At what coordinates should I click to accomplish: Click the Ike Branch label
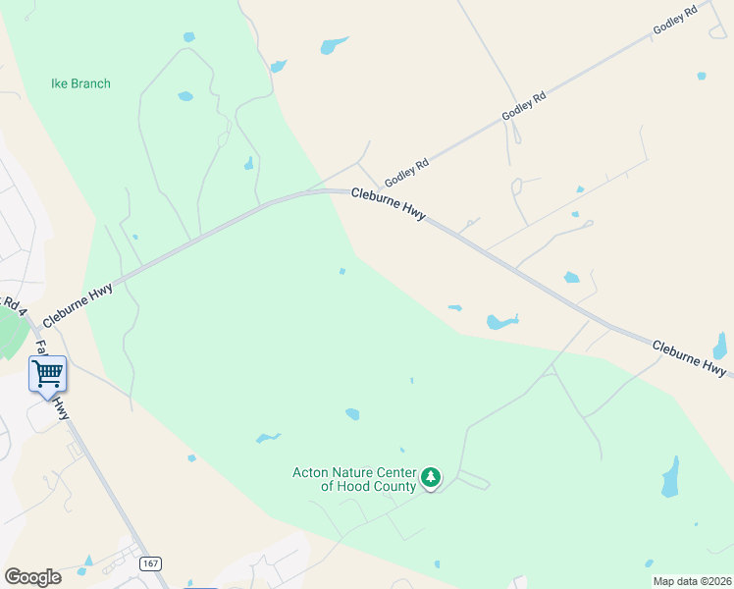click(80, 83)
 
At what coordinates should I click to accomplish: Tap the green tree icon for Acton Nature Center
click(430, 478)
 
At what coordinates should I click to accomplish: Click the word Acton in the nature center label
click(311, 472)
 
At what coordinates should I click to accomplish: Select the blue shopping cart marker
click(47, 373)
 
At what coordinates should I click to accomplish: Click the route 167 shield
click(150, 563)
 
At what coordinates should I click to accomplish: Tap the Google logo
click(32, 577)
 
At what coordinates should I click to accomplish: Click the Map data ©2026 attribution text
click(692, 581)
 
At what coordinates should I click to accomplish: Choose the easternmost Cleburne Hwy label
click(690, 358)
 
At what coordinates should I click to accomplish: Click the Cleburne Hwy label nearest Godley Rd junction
click(388, 204)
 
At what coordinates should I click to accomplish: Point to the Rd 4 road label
click(12, 304)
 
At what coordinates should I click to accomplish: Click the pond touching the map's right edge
click(720, 347)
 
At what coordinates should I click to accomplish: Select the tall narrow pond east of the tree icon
click(671, 476)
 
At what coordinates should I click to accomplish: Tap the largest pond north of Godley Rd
click(334, 45)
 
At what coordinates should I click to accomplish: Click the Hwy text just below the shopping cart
click(61, 406)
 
